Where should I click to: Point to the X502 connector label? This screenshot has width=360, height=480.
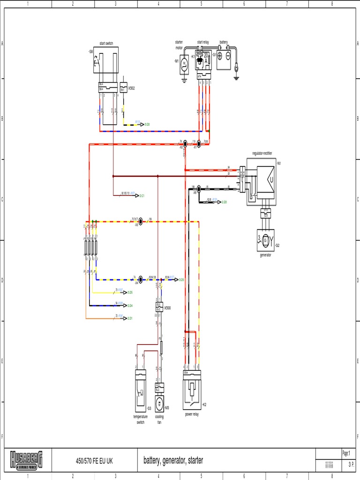131,88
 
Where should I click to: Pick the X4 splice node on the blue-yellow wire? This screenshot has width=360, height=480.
141,279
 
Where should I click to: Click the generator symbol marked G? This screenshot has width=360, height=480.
265,238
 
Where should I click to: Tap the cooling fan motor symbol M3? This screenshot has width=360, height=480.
159,404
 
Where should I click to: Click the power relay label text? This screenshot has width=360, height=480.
192,414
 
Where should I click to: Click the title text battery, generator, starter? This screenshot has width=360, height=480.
173,461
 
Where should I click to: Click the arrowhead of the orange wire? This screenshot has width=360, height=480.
126,318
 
